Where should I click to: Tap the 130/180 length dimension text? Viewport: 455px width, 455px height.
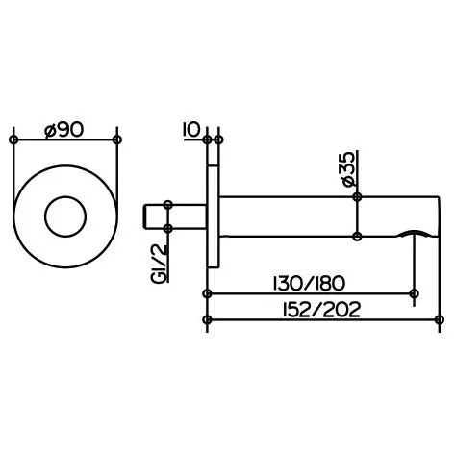[310, 283]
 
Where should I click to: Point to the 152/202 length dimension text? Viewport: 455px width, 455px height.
[310, 309]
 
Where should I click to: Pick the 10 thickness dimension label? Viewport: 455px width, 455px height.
[190, 129]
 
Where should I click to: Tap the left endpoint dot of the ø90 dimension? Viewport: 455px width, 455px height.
[13, 140]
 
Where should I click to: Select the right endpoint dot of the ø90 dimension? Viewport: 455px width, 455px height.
[117, 140]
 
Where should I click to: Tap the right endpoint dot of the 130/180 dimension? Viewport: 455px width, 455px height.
[415, 293]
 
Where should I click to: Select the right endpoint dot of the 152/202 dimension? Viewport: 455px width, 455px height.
[439, 320]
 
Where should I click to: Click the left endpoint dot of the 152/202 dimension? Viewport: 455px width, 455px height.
[207, 320]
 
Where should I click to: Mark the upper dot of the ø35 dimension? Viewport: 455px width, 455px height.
[358, 196]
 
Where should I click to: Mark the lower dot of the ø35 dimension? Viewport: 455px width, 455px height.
[358, 236]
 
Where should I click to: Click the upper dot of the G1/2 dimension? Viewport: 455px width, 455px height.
[168, 203]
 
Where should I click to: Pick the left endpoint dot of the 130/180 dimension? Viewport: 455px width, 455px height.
[207, 293]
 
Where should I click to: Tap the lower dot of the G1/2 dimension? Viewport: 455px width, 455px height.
[168, 228]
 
